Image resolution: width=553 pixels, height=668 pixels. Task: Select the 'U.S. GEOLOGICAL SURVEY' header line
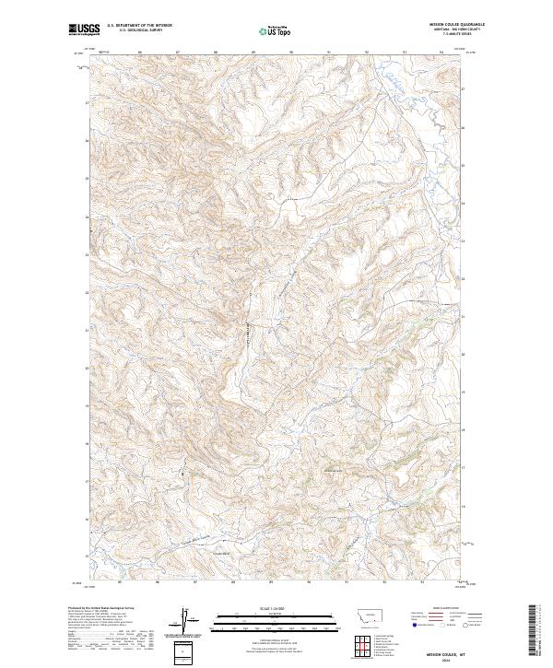(134, 31)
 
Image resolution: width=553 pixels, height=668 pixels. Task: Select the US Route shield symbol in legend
(433, 624)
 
